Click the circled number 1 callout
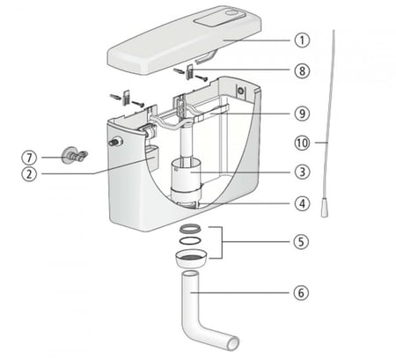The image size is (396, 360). tap(302, 40)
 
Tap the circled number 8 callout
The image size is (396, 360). tap(302, 70)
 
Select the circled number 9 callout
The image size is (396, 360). tap(302, 114)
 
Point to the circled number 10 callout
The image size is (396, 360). tap(302, 143)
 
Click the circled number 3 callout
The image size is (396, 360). tap(302, 172)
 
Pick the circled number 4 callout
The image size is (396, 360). tap(302, 203)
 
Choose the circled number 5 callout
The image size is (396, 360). tap(301, 242)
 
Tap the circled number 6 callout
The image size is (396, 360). tap(301, 292)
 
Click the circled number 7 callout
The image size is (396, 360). tap(29, 158)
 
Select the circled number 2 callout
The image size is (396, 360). tap(29, 173)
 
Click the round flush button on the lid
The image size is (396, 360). tap(232, 13)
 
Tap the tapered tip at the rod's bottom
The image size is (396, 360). tap(325, 208)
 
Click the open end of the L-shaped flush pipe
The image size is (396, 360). tap(233, 343)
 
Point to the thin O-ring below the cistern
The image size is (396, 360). tap(190, 240)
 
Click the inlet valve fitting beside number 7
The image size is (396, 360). tap(73, 154)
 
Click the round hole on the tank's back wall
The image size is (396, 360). tap(241, 91)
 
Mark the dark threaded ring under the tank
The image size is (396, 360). tap(190, 229)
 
